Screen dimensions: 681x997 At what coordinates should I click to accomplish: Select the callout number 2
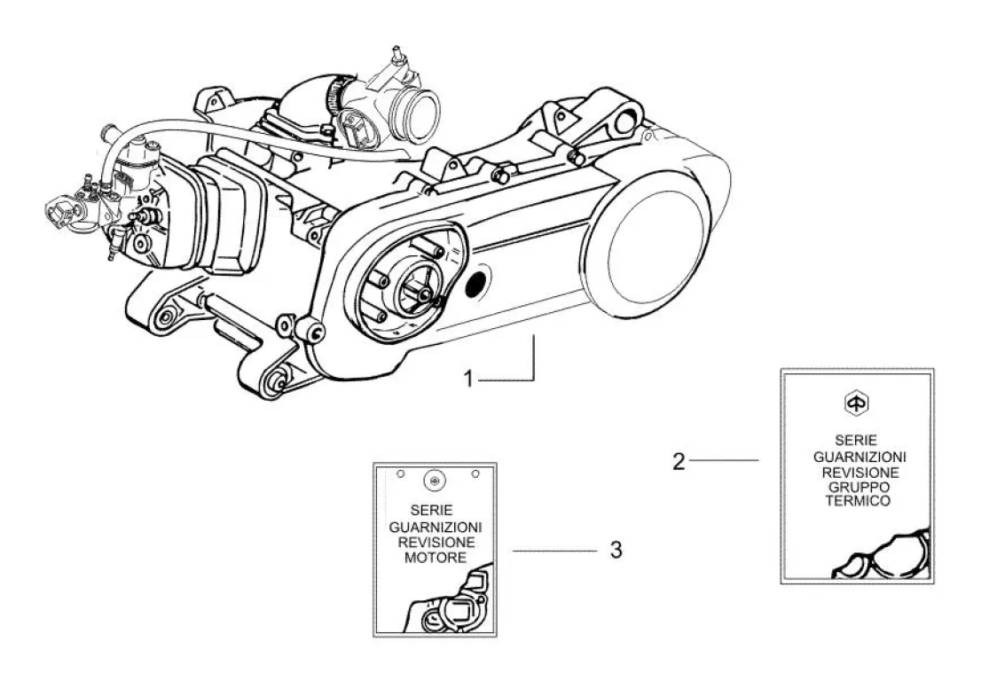(679, 461)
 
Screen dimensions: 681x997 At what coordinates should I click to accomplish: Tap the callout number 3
(616, 551)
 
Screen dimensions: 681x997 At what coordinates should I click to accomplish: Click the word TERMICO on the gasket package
(857, 501)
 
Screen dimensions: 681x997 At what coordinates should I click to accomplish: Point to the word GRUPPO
(857, 486)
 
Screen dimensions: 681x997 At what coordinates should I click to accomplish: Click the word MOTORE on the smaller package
(435, 558)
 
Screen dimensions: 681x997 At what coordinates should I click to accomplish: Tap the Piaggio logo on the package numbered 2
(857, 403)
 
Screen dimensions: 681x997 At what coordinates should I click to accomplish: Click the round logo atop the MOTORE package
(435, 481)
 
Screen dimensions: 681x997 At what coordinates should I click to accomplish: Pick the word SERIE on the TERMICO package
(857, 441)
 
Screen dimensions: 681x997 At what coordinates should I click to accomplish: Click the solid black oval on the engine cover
(476, 285)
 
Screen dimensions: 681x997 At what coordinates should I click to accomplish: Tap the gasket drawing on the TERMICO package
(883, 558)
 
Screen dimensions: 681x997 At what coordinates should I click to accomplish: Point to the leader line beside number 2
(724, 461)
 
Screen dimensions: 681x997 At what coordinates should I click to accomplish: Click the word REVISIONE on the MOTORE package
(435, 542)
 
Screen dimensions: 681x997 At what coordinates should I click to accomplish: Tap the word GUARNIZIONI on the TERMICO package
(857, 456)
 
